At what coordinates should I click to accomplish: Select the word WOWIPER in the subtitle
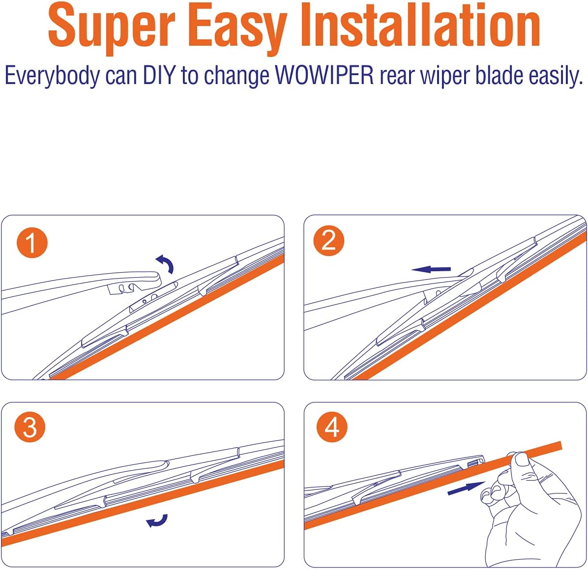(324, 75)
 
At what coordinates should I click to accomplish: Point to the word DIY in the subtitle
(159, 75)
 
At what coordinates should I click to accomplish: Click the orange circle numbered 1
(32, 243)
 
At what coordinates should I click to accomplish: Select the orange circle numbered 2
(329, 241)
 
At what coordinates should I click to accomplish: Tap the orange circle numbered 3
(30, 427)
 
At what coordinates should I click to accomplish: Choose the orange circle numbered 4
(332, 427)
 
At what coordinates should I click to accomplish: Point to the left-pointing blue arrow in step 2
(431, 269)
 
